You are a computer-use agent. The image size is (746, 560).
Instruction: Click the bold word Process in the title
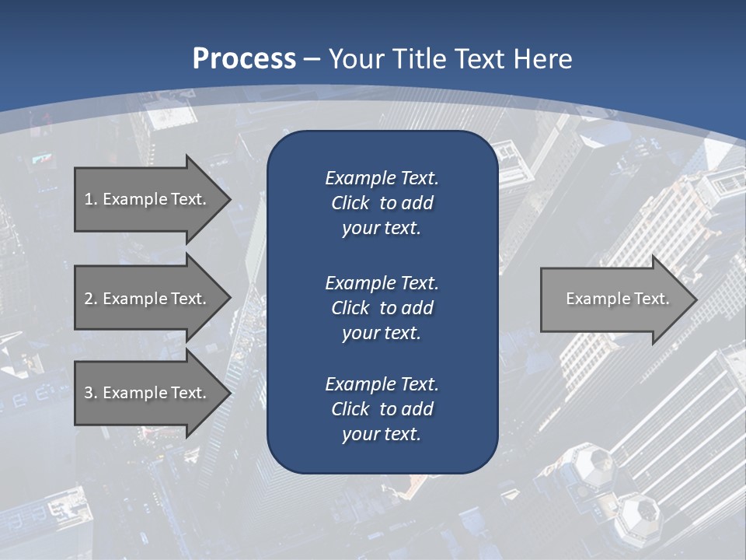[244, 59]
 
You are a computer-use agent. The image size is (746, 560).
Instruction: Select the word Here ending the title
[544, 59]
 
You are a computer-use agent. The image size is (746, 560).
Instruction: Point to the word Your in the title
[357, 59]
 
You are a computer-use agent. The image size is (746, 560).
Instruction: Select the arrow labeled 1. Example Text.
[148, 199]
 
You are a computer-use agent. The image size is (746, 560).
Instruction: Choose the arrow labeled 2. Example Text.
[148, 299]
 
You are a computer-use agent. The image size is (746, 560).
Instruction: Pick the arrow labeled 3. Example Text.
[148, 393]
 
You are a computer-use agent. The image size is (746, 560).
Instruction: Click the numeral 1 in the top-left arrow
[89, 199]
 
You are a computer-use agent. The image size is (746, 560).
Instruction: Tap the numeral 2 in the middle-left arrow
[89, 299]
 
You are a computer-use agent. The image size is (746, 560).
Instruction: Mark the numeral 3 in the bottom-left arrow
[89, 393]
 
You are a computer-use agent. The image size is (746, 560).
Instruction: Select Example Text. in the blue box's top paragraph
[382, 178]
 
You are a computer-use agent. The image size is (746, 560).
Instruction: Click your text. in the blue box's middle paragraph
[382, 333]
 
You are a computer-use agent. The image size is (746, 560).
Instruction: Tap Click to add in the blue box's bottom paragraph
[382, 409]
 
